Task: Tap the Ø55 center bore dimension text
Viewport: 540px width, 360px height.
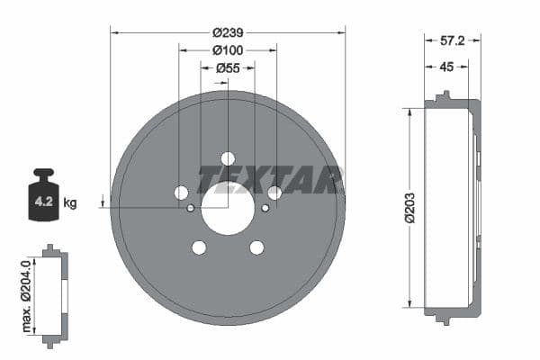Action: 228,67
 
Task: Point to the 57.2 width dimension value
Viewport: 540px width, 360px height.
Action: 452,41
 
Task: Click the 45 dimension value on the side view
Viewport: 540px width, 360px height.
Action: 446,66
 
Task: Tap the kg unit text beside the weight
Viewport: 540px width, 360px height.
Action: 70,203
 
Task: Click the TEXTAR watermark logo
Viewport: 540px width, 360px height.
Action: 270,180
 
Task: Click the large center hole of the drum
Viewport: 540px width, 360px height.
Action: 228,208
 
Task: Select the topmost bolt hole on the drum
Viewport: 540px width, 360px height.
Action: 228,158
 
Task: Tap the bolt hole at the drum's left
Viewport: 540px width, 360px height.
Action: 181,193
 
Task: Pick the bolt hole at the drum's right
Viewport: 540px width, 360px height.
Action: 274,193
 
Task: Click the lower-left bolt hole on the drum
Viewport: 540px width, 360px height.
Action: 199,247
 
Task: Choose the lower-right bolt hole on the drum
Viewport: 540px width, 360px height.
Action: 256,247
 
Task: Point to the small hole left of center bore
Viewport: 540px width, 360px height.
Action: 191,209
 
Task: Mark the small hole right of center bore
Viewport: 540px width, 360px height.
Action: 265,209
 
